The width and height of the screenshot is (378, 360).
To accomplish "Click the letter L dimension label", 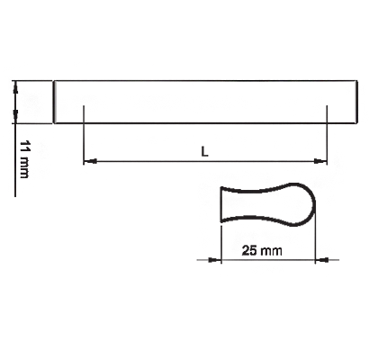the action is (x=204, y=151).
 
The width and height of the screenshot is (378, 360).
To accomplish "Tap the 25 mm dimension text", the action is (x=262, y=250).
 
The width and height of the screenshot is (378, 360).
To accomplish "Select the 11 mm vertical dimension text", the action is (x=24, y=158).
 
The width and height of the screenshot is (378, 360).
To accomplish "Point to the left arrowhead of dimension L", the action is (x=90, y=161).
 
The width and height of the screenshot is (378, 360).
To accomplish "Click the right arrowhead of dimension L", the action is (x=320, y=161).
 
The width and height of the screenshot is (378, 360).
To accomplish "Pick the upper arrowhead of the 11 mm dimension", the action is (x=15, y=86).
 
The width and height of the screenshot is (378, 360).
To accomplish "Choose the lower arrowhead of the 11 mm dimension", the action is (x=15, y=117).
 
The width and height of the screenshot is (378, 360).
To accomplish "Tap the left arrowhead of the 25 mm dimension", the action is (x=214, y=259).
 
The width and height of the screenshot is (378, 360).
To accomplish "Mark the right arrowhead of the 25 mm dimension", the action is (x=321, y=259).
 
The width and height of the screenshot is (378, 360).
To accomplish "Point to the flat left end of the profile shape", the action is (x=221, y=204).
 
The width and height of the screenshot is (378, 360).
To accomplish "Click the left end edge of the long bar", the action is (x=54, y=102).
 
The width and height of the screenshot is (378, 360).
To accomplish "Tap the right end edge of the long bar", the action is (x=356, y=102).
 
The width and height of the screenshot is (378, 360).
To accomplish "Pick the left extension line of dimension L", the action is (x=84, y=135).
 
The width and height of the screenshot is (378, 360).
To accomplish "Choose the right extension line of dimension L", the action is (x=327, y=135).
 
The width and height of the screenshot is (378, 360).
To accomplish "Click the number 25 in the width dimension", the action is (x=247, y=250).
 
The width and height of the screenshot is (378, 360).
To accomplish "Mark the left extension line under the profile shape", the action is (x=221, y=245).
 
